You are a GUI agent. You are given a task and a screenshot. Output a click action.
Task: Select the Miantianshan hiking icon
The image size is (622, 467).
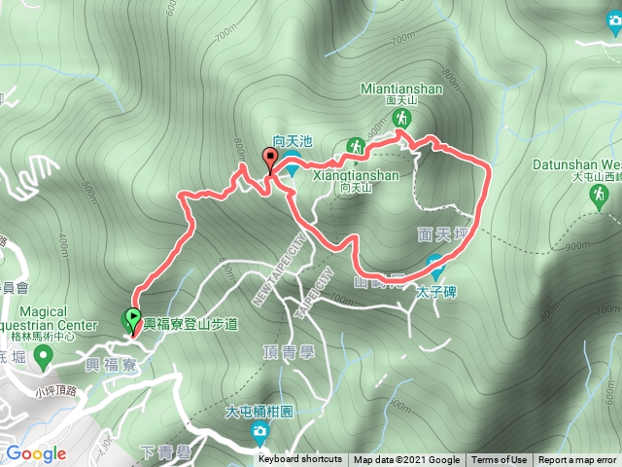click(x=400, y=119)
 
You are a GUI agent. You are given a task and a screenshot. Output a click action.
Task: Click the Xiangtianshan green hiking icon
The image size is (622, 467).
click(x=357, y=146)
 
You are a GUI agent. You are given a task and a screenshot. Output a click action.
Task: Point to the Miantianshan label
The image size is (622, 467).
click(x=401, y=88)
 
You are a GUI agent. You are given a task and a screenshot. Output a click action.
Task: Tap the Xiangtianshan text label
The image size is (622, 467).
click(x=357, y=175)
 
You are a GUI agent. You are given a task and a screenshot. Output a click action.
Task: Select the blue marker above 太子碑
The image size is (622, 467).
click(x=435, y=263)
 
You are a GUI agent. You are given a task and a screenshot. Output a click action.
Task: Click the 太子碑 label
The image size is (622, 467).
click(x=435, y=289)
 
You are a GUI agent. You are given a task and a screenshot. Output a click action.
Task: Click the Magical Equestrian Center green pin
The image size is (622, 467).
click(x=42, y=358)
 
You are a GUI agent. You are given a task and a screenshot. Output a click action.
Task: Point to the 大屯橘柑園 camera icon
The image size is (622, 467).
click(x=259, y=431)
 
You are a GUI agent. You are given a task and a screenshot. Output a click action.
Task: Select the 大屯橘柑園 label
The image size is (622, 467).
click(x=259, y=412)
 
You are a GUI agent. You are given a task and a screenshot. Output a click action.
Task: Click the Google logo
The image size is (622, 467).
click(x=36, y=453)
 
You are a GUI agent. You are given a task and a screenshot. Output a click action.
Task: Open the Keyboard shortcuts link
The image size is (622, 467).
click(x=300, y=460)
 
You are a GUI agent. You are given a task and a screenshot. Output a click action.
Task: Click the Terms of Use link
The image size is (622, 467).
click(x=500, y=460)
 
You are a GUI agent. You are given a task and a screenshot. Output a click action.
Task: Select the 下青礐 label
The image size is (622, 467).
click(x=162, y=450)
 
